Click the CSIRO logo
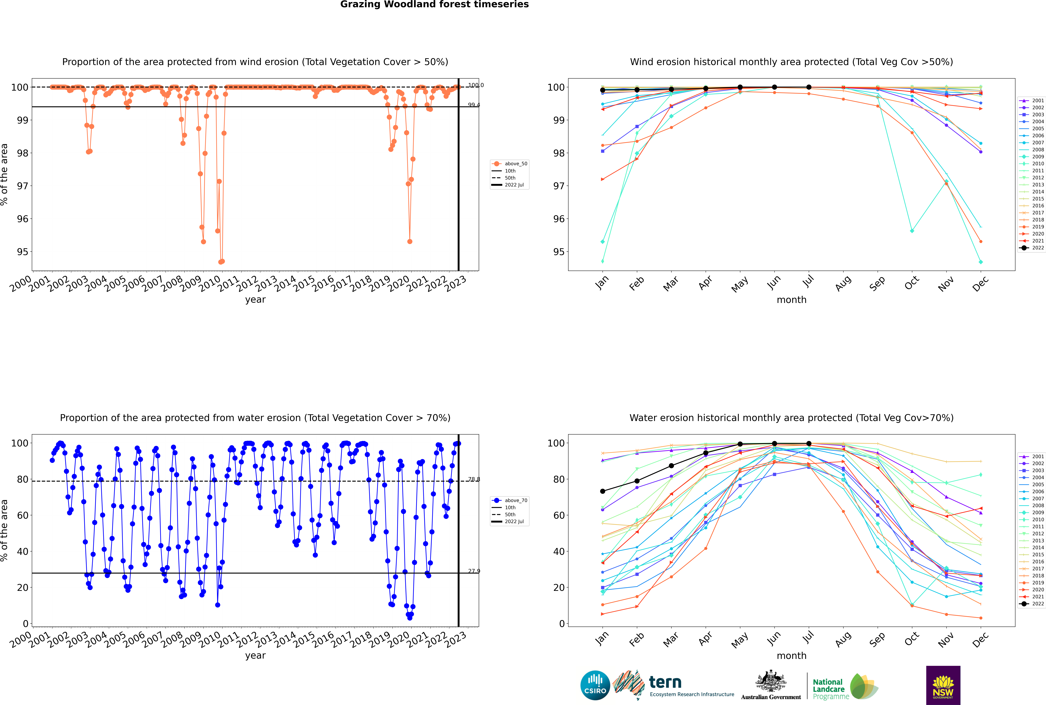pyautogui.click(x=595, y=685)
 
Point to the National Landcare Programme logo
pyautogui.click(x=845, y=687)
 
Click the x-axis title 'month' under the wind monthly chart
pyautogui.click(x=791, y=300)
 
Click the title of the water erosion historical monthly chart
pyautogui.click(x=791, y=418)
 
